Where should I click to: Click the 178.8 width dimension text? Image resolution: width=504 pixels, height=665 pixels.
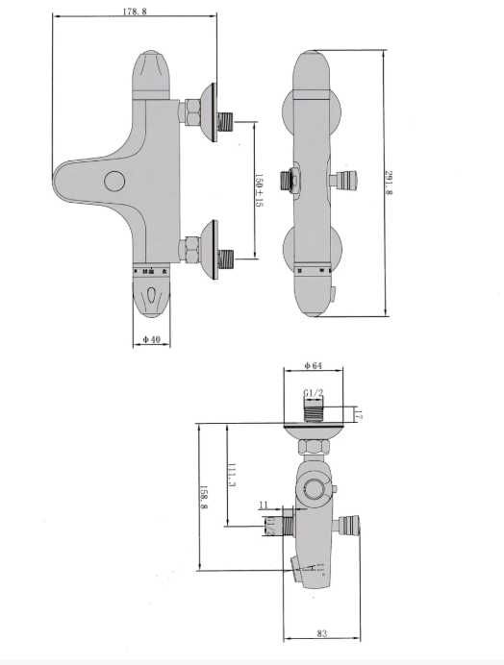coord(134,12)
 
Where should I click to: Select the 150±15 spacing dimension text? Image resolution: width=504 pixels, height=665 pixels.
coord(259,190)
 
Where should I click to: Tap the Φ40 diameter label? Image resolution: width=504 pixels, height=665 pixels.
coord(150,339)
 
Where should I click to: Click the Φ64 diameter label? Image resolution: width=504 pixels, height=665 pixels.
coord(312,364)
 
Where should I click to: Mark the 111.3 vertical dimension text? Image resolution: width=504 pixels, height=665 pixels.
coord(232,477)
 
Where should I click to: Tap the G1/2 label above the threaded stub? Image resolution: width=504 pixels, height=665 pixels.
coord(313,393)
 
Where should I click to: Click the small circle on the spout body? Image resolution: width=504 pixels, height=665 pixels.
coord(115,180)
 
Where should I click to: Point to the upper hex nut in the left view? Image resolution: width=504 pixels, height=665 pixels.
coord(189,114)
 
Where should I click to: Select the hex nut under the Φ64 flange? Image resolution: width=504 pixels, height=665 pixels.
coord(312,448)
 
